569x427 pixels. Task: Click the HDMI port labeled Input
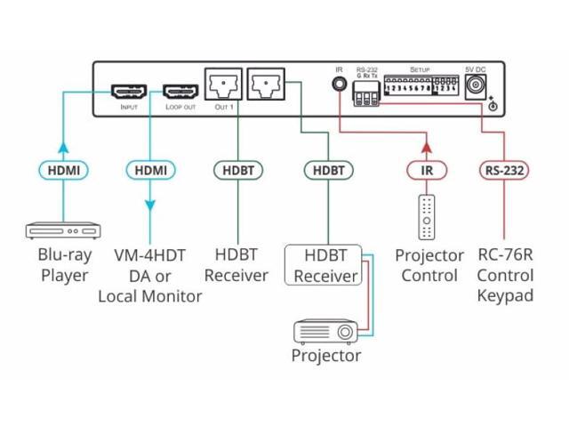pos(127,91)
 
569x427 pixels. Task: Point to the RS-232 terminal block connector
pos(366,100)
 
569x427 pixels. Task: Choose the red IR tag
pos(426,167)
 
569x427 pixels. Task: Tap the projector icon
pos(325,333)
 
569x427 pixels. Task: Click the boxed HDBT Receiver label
pos(324,265)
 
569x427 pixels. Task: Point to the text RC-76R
pos(504,255)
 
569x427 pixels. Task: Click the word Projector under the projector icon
pos(326,356)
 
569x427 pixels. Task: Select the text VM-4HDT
pos(149,255)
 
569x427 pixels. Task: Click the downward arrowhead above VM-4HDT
pos(148,206)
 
